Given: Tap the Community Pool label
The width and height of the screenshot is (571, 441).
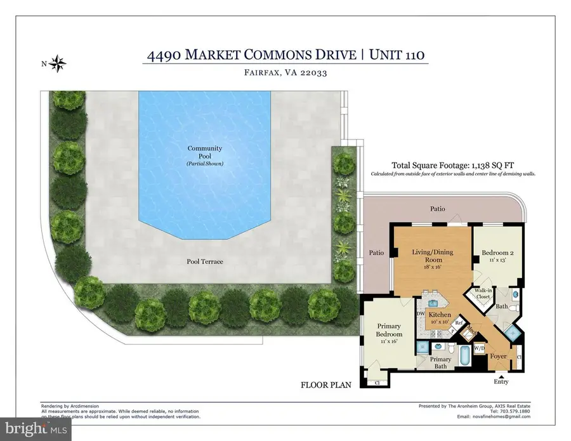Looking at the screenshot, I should pyautogui.click(x=204, y=152).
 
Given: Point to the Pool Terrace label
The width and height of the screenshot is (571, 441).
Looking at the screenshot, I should pyautogui.click(x=204, y=261).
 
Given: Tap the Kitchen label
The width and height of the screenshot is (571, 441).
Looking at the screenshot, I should pyautogui.click(x=440, y=315).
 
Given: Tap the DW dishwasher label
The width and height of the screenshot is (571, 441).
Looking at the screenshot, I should pyautogui.click(x=420, y=313).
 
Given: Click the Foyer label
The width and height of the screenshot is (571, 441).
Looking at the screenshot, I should pyautogui.click(x=499, y=356).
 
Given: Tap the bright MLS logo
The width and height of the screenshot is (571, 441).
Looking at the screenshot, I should pyautogui.click(x=36, y=429).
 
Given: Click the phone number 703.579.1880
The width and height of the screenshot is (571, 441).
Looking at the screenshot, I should pyautogui.click(x=515, y=410).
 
